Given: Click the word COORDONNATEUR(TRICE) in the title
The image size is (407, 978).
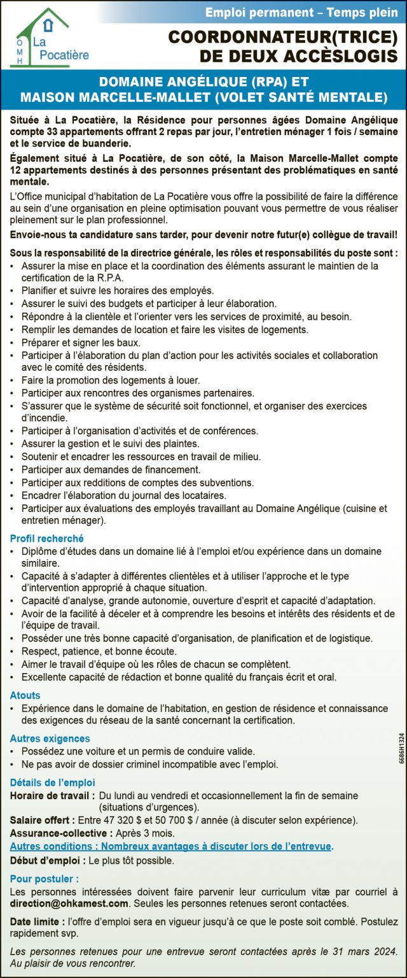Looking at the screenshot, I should point(282,38).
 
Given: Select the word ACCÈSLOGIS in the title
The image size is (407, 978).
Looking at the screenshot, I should point(334,57).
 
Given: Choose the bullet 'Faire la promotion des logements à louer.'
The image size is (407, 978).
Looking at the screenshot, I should point(102,380).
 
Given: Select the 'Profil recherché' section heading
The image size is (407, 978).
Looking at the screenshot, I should point(46,538).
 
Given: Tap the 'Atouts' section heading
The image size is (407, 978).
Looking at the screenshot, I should point(25,695).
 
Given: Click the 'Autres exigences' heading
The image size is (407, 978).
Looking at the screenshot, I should point(50,739).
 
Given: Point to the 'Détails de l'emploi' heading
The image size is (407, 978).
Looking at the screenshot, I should point(52,783).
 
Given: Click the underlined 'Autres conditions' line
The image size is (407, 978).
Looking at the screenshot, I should point(171,846).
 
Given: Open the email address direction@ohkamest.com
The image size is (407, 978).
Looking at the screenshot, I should point(69,903).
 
